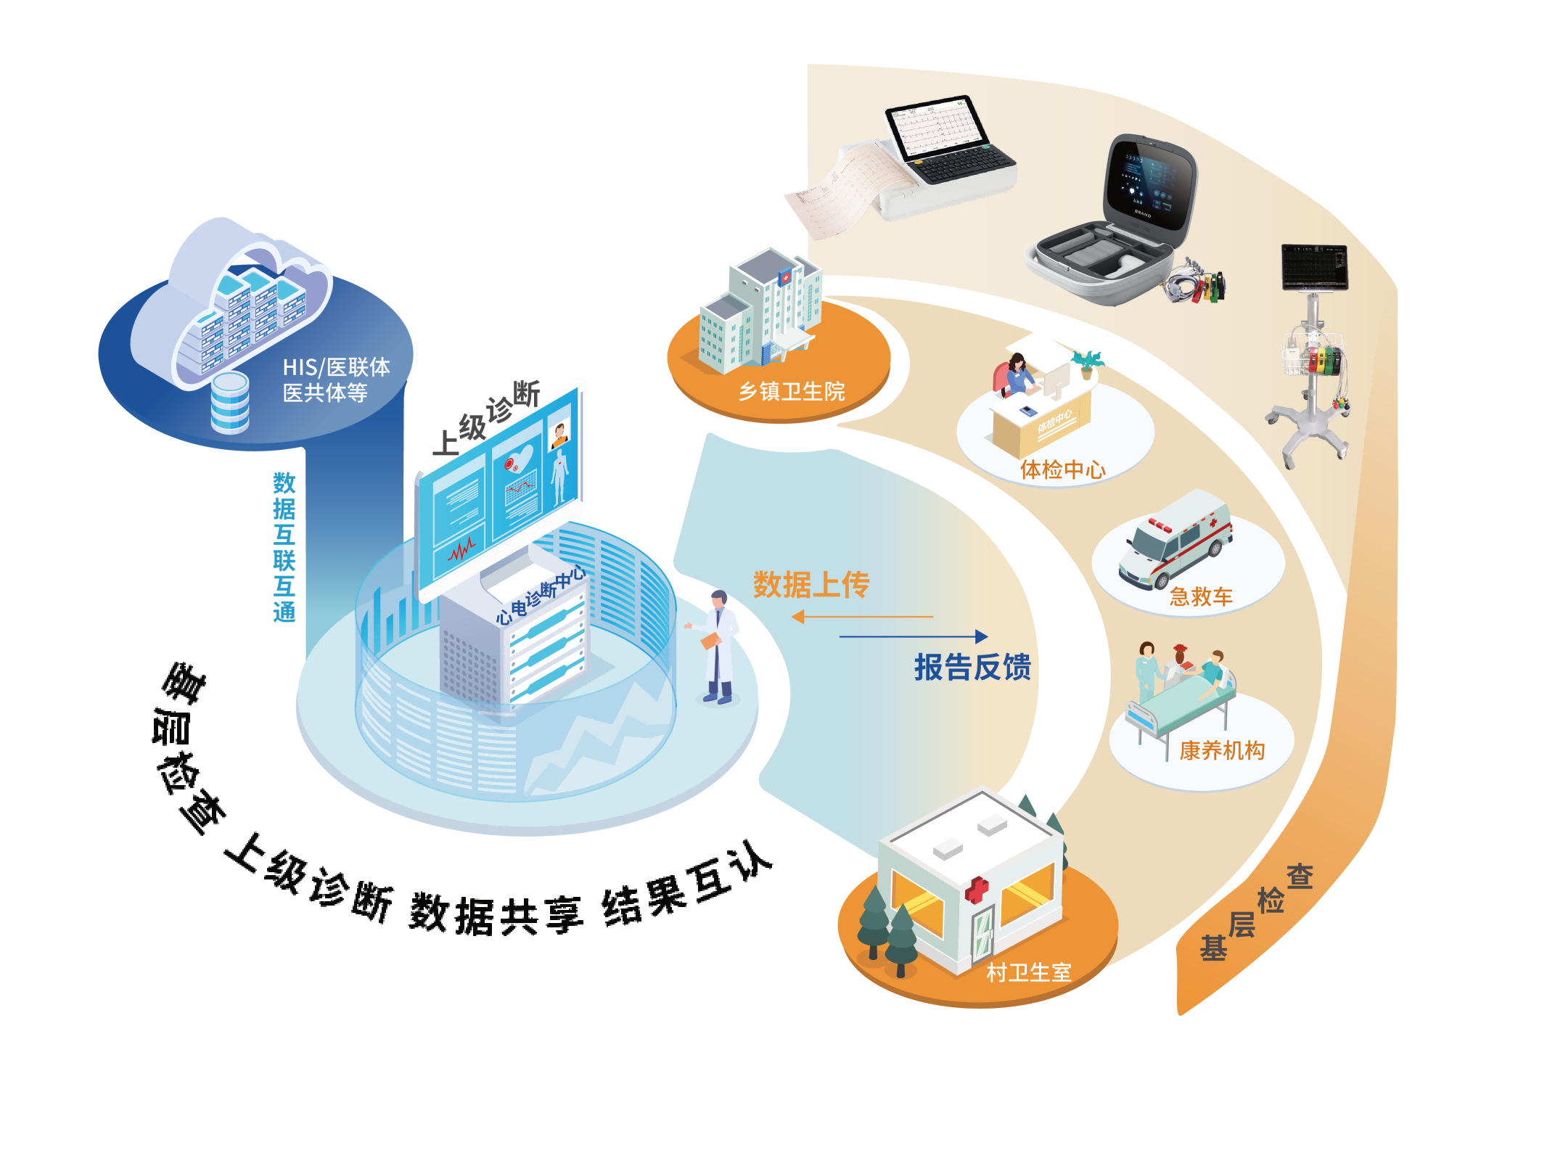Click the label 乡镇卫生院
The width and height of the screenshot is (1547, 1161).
click(792, 392)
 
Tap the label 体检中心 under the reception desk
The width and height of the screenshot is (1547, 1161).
click(1062, 469)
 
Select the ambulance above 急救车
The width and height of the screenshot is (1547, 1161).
click(1175, 541)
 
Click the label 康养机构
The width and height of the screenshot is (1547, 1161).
click(1222, 750)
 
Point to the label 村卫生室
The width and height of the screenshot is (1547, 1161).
click(1029, 972)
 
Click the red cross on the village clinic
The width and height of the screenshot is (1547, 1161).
click(977, 890)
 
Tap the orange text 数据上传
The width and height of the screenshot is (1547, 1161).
click(811, 585)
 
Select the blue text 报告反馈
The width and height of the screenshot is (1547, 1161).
click(972, 668)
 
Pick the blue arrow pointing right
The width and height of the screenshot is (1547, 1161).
click(914, 636)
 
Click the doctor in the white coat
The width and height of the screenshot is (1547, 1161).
click(718, 646)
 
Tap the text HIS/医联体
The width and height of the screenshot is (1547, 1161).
click(336, 367)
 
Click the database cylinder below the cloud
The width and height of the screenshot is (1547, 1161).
click(230, 403)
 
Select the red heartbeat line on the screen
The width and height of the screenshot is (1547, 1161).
click(461, 551)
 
